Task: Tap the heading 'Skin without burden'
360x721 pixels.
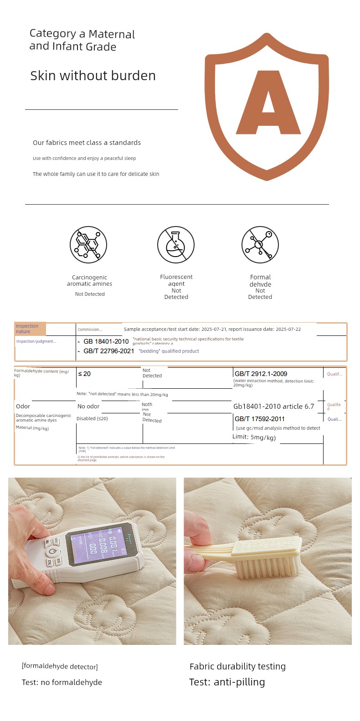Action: pyautogui.click(x=93, y=76)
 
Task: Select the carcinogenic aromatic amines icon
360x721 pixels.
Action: pyautogui.click(x=88, y=245)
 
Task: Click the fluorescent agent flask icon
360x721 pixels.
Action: pyautogui.click(x=176, y=245)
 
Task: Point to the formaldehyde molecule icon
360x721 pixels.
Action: pyautogui.click(x=260, y=245)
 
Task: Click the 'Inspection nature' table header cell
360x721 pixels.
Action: pyautogui.click(x=30, y=329)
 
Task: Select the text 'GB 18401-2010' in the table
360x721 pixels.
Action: pyautogui.click(x=106, y=341)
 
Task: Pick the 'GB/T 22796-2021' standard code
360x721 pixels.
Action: pyautogui.click(x=108, y=351)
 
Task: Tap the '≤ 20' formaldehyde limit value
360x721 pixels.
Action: pyautogui.click(x=84, y=374)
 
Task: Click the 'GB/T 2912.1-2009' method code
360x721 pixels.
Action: pyautogui.click(x=261, y=374)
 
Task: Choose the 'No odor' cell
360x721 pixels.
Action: pyautogui.click(x=88, y=407)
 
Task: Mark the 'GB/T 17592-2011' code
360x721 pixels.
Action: pyautogui.click(x=259, y=419)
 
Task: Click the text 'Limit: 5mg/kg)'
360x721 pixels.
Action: pyautogui.click(x=254, y=437)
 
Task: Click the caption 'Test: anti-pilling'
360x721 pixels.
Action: pyautogui.click(x=227, y=682)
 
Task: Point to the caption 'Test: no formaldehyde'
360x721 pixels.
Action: pyautogui.click(x=62, y=682)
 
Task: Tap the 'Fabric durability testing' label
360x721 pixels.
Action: pyautogui.click(x=237, y=666)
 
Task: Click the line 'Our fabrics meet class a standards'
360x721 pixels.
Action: pyautogui.click(x=87, y=143)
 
